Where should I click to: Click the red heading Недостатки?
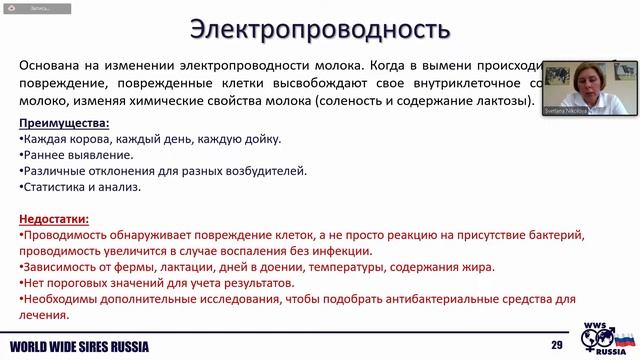55,218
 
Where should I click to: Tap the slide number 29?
557,347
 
